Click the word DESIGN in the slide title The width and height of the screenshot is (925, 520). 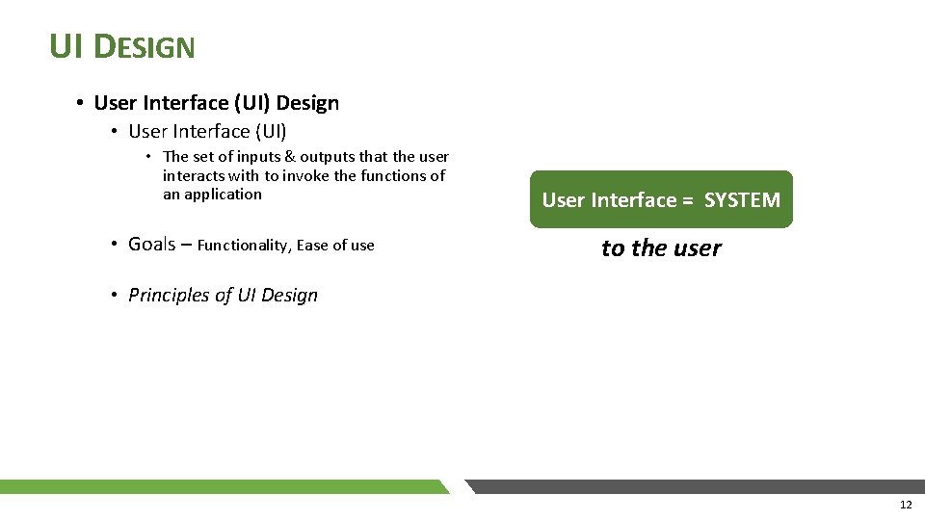[146, 46]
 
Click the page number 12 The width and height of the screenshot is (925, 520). [905, 506]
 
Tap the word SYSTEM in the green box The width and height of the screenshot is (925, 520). [742, 200]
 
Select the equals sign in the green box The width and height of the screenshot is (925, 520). [687, 200]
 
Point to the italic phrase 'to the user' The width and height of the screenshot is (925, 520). [661, 248]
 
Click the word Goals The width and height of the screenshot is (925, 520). [151, 245]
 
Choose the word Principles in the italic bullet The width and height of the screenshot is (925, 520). [169, 296]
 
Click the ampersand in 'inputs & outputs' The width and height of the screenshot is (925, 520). [289, 157]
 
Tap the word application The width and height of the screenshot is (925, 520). [223, 195]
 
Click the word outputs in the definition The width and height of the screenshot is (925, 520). [328, 157]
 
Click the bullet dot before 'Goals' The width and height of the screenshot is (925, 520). [114, 245]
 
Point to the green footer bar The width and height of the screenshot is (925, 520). [222, 486]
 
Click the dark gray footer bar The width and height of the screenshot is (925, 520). [694, 486]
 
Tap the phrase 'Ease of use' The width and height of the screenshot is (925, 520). [335, 246]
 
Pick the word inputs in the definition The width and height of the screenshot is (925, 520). [258, 157]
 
